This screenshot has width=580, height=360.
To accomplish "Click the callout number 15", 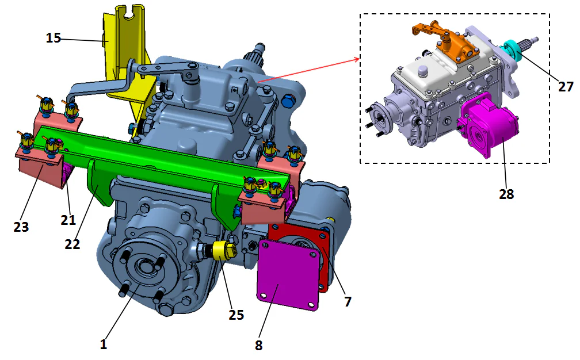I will tap(54, 38).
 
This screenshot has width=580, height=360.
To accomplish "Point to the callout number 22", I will tap(72, 243).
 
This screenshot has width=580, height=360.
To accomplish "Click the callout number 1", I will tap(104, 344).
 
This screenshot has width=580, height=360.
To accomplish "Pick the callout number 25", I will tap(235, 315).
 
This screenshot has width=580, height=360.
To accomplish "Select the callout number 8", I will tap(258, 345).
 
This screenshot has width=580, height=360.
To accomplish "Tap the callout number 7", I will tap(347, 301).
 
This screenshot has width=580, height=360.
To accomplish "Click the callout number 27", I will tap(566, 86).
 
